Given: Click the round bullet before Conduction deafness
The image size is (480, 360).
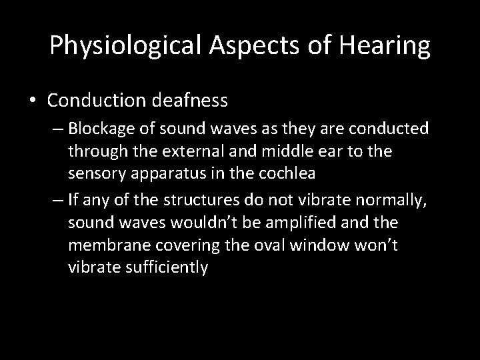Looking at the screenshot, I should point(33,101).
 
